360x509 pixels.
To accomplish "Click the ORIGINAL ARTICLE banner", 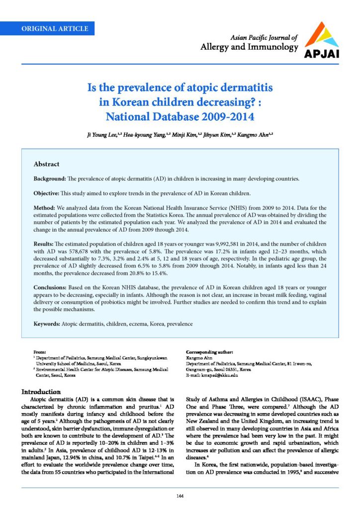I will pos(55,28).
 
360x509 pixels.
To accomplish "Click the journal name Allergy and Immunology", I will pos(249,48).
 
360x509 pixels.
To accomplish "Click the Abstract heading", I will pos(46,164).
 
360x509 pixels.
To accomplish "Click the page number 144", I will pos(180,497).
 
